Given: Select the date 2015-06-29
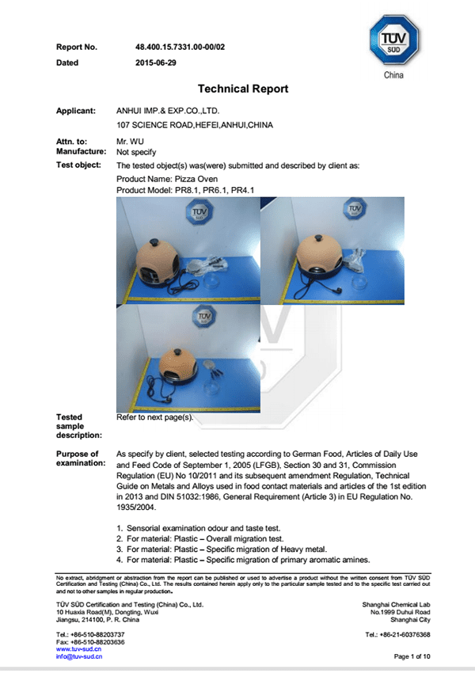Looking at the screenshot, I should (x=157, y=63).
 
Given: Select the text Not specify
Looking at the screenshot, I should (x=136, y=151).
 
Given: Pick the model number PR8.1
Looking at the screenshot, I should (x=185, y=191).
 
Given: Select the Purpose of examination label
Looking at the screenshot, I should (x=77, y=458).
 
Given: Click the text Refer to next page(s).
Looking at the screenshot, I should (x=154, y=416).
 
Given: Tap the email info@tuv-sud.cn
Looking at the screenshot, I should (x=80, y=656).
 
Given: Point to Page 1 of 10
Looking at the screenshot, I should (x=412, y=656).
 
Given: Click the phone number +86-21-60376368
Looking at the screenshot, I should (x=397, y=635).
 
